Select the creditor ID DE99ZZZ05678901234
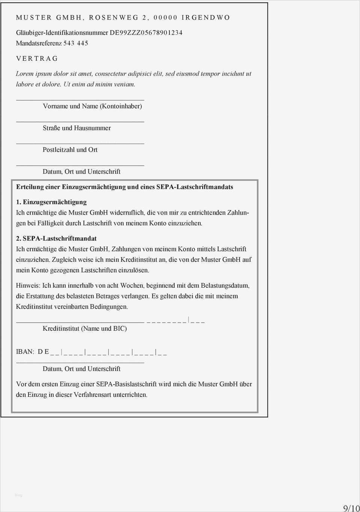tap(146, 33)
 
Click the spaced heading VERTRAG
tap(37, 59)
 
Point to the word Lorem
tap(24, 74)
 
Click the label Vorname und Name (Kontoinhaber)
tap(92, 106)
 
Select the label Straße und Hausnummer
tap(76, 128)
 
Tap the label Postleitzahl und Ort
tap(70, 150)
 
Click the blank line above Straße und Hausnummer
tap(80, 121)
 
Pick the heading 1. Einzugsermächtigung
tap(51, 202)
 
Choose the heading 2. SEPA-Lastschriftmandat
tap(56, 238)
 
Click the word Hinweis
tap(27, 285)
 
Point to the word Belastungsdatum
tap(224, 285)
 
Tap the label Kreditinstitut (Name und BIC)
tap(84, 329)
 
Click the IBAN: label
tap(25, 351)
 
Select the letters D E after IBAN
tap(43, 351)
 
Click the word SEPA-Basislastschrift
tap(126, 384)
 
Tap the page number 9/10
tap(351, 508)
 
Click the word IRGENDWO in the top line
tap(205, 18)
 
